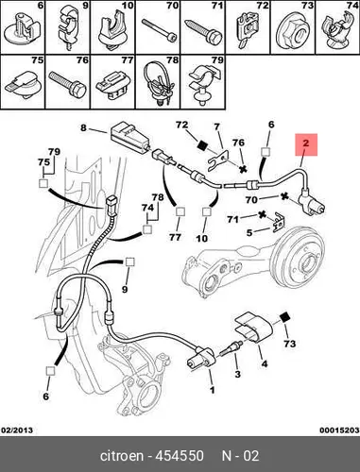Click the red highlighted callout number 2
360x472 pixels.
(x=306, y=143)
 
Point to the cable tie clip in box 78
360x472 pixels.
(x=158, y=82)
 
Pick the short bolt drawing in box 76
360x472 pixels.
(x=67, y=84)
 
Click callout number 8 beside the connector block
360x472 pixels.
(x=83, y=127)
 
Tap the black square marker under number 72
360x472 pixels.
(x=202, y=145)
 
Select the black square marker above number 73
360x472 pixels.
(x=285, y=317)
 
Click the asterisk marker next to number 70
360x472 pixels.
(x=284, y=197)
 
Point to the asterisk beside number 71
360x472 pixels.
(x=262, y=214)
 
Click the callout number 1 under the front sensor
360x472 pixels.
(x=213, y=390)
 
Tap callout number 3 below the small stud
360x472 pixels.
(x=238, y=374)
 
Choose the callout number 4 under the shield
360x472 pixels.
(x=265, y=364)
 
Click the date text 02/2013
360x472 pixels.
(x=17, y=430)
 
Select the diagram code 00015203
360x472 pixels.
(x=339, y=430)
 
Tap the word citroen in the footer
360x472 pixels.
(x=121, y=456)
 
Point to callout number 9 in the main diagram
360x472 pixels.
(x=125, y=289)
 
